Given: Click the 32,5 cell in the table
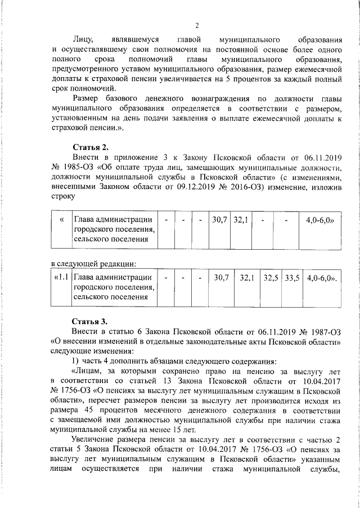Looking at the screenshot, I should coord(271,278).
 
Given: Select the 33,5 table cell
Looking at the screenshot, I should coord(292,278).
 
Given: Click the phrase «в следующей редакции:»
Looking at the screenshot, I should coord(94,263).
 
